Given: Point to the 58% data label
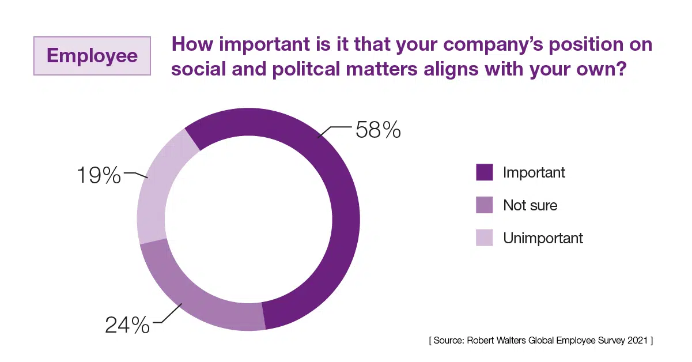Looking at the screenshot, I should point(378,130).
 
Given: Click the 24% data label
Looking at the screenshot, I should point(127,325).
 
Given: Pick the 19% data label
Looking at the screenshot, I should point(99,175).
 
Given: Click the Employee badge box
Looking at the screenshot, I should point(92,56).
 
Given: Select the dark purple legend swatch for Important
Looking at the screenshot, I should point(484,172).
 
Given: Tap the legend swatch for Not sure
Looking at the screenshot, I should point(484,205).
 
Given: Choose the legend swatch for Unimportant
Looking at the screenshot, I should point(484,238).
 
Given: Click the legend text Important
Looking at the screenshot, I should point(534,172).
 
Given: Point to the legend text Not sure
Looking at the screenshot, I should point(530,205).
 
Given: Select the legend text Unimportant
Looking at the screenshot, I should point(543,238).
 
